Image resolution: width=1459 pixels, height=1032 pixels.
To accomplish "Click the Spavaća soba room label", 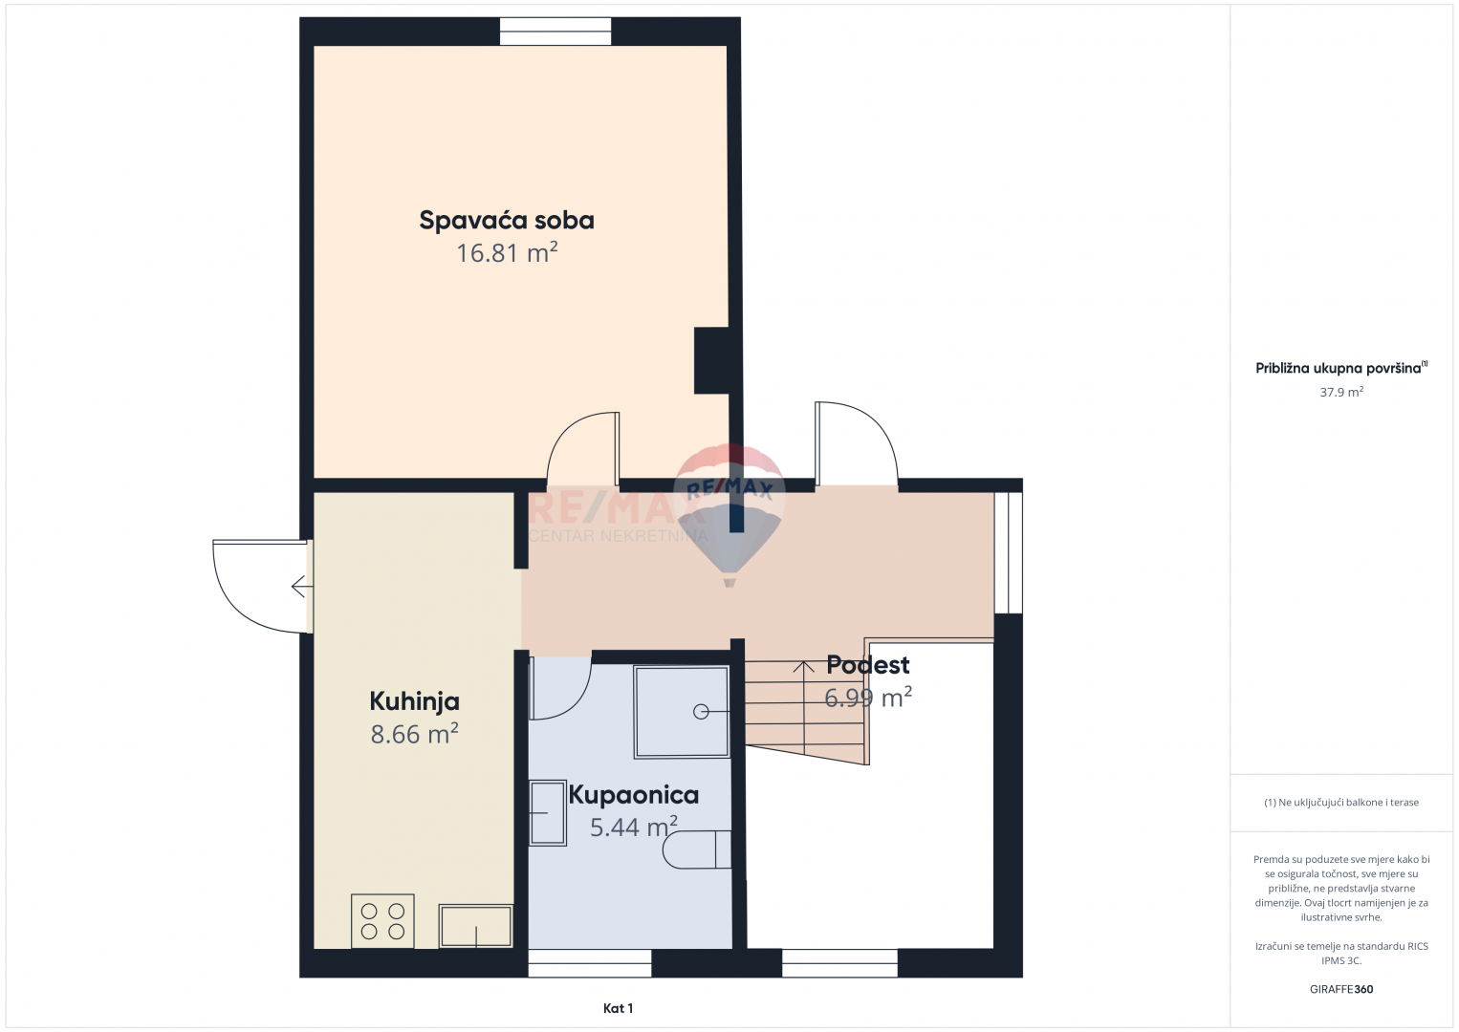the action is point(507,220).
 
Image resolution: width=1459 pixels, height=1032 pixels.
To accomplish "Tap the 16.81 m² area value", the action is point(507,252).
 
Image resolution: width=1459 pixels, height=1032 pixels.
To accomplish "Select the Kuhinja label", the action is point(414,702).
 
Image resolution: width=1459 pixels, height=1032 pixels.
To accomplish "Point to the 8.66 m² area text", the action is point(414,734).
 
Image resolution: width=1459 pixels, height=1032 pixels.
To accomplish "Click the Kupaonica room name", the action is point(634,795).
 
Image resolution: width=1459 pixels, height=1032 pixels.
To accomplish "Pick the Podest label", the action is point(867,665).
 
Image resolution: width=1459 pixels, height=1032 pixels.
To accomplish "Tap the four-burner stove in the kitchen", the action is point(382,920).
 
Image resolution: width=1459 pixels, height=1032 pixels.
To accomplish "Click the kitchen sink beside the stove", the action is point(475,925).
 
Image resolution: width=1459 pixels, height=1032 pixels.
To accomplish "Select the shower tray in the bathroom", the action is point(682,712).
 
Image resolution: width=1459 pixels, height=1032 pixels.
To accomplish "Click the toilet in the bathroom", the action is point(697,849).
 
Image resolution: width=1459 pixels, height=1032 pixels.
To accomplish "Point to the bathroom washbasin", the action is point(547,812).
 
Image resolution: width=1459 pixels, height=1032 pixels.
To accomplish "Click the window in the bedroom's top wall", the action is point(555,32).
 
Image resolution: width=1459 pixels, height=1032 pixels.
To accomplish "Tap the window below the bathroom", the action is point(590,963).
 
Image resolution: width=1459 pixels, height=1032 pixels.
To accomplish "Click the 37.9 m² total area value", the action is point(1341,392).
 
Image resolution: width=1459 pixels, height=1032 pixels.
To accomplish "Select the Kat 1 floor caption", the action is point(618,1008).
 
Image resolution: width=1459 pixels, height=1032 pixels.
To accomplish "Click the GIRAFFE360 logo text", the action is point(1341,989).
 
